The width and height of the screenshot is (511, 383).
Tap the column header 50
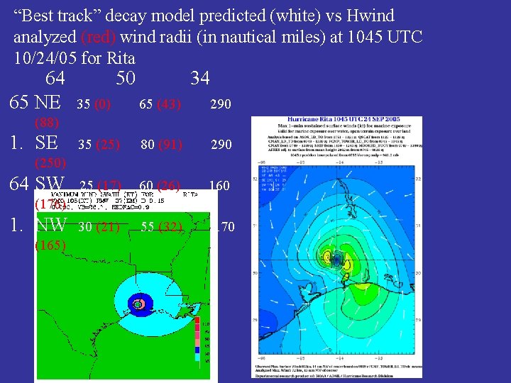[x=126, y=77]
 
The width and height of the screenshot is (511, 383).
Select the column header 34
[x=200, y=77]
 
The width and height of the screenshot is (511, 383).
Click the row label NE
[x=48, y=102]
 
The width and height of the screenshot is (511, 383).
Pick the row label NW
[x=51, y=226]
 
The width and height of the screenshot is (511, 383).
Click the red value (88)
[x=48, y=122]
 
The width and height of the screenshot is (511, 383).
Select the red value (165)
[x=51, y=245]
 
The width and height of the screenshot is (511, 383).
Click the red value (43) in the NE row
[x=169, y=104]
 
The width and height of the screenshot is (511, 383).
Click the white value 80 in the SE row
[x=148, y=145]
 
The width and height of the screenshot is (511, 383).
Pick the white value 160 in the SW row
[x=219, y=186]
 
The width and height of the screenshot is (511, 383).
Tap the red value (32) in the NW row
[x=170, y=227]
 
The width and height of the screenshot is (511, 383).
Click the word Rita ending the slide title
[x=119, y=57]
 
